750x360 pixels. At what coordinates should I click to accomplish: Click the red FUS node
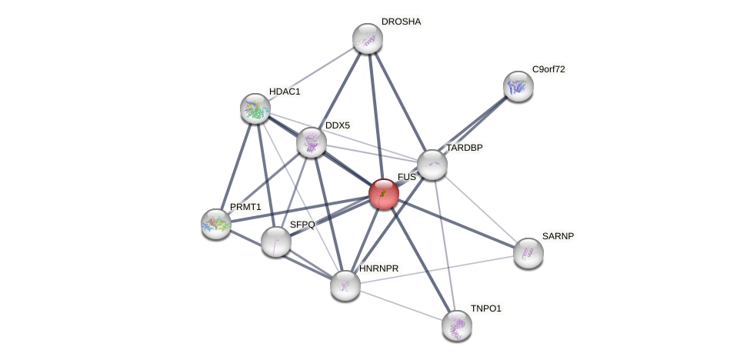click(384, 194)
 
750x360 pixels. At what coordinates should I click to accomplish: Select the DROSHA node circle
click(368, 38)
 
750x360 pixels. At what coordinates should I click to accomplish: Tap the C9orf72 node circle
click(518, 86)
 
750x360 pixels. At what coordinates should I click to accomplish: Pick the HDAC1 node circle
click(255, 108)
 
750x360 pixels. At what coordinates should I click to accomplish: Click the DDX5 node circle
click(312, 142)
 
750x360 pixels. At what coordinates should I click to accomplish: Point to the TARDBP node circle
click(432, 165)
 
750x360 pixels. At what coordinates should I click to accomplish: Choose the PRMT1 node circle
click(216, 224)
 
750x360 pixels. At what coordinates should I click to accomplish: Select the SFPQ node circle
click(276, 242)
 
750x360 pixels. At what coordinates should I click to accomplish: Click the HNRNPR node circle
click(345, 285)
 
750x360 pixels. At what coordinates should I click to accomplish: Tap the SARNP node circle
click(528, 253)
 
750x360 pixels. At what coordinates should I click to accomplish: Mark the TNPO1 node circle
click(457, 325)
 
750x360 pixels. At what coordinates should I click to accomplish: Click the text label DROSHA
click(401, 22)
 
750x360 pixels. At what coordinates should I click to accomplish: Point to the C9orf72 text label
click(548, 69)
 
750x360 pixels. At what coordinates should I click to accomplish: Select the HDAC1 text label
click(285, 92)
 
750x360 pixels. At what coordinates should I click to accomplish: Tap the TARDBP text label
click(465, 148)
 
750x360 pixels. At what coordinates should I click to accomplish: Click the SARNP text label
click(558, 236)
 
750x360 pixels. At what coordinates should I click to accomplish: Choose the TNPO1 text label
click(486, 308)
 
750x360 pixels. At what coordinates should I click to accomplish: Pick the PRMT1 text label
click(245, 207)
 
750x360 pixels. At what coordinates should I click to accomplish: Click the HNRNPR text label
click(378, 268)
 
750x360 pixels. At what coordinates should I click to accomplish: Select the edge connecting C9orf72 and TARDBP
click(475, 125)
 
